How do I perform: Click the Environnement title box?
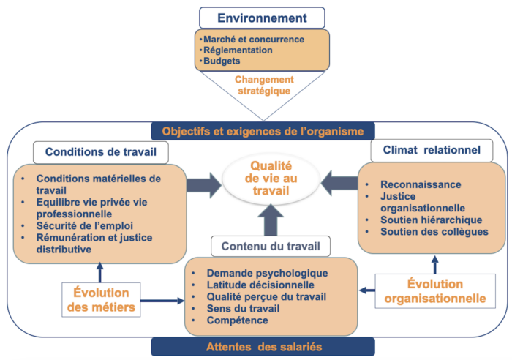click(262, 18)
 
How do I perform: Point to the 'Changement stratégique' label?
click(264, 85)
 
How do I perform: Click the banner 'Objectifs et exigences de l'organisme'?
click(263, 131)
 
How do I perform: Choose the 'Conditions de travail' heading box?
click(101, 152)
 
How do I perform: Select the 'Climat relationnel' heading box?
click(432, 150)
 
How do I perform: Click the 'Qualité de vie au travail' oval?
click(271, 179)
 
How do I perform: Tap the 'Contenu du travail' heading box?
click(271, 247)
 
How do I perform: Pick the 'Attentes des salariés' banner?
click(263, 347)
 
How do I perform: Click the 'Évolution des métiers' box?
click(101, 300)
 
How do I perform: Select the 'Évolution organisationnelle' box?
click(435, 291)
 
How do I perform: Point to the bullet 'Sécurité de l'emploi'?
click(85, 226)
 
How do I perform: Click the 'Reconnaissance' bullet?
click(421, 184)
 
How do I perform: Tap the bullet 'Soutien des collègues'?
click(434, 232)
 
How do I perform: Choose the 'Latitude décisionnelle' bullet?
click(260, 285)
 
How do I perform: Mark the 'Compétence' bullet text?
click(237, 320)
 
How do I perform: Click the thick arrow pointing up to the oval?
click(271, 220)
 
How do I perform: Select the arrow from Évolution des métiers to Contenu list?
click(162, 301)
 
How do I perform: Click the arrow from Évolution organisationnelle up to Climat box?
click(435, 265)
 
